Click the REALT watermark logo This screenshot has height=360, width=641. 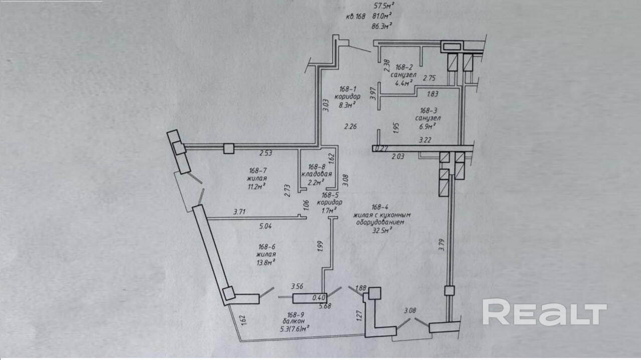[544, 312]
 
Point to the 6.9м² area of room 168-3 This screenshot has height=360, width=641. [425, 126]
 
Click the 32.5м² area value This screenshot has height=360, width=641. [382, 230]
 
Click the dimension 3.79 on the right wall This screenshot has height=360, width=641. [441, 244]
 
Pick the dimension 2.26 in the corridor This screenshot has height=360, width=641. [351, 126]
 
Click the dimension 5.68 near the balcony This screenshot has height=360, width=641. [326, 306]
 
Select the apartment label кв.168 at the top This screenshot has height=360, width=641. [356, 16]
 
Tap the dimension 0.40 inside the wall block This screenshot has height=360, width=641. [319, 297]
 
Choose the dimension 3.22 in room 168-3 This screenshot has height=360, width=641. [425, 141]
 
